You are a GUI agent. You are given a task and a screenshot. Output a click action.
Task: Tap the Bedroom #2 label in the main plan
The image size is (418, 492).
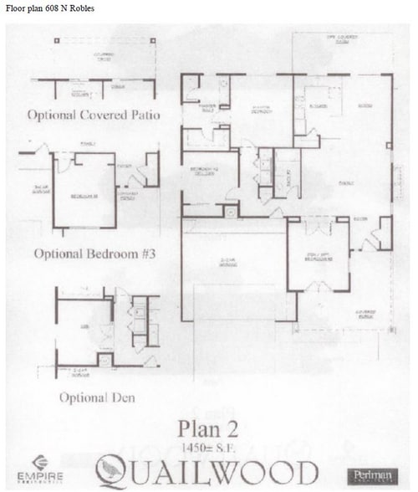pyautogui.click(x=205, y=174)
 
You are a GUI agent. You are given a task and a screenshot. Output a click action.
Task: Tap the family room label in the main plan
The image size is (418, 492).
pyautogui.click(x=344, y=181)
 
